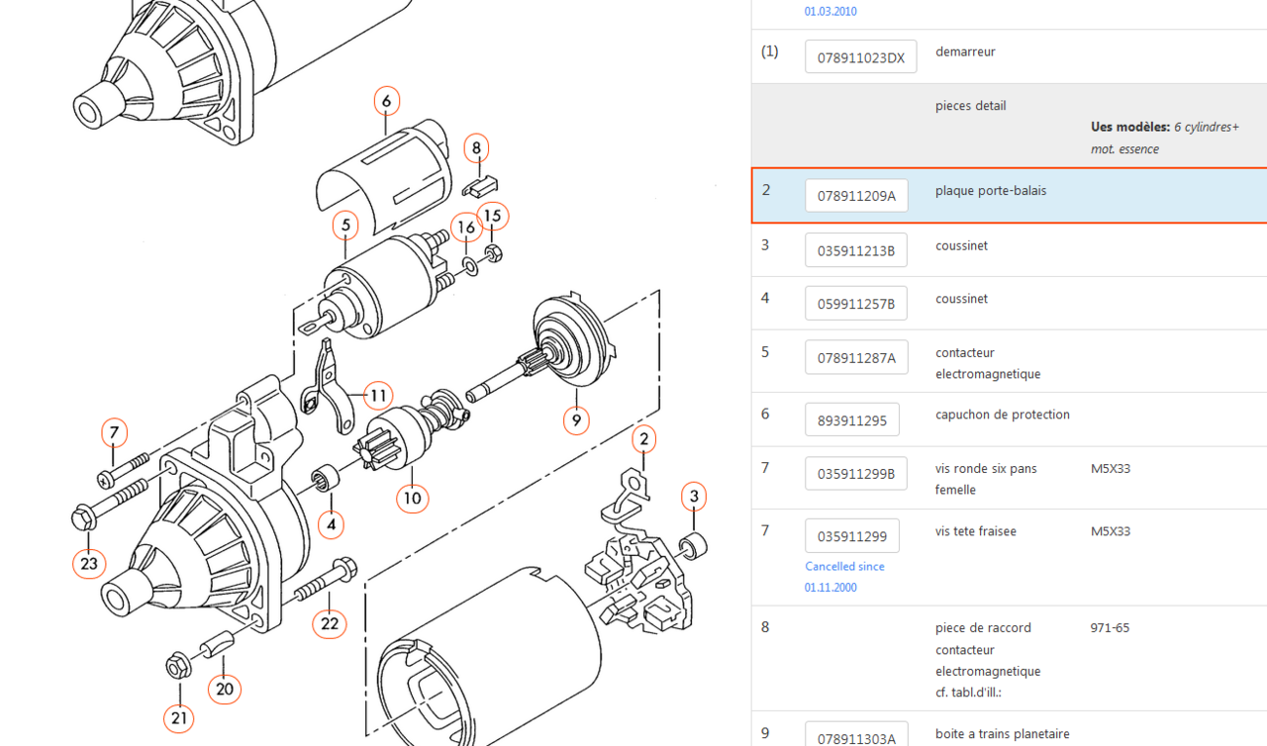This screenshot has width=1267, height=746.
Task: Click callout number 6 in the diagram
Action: click(x=387, y=101)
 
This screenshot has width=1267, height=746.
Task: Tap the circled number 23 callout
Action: click(x=89, y=563)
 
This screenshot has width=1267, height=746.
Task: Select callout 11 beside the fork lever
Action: click(x=378, y=396)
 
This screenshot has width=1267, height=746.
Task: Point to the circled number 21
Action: click(x=179, y=718)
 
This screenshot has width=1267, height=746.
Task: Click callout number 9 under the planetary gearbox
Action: click(x=576, y=420)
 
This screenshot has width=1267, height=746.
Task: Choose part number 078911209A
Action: click(x=856, y=196)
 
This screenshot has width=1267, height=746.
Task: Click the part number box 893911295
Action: click(x=852, y=420)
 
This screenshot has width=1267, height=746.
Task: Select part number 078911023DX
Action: click(x=861, y=57)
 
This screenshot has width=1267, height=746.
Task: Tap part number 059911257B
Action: click(x=856, y=304)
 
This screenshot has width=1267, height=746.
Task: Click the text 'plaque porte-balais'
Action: click(x=991, y=191)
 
